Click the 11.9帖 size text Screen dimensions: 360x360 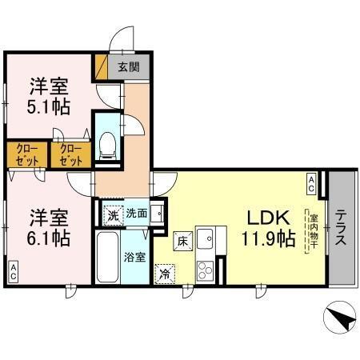tap(268, 238)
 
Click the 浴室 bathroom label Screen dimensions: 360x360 tap(134, 258)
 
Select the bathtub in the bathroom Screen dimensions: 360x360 tap(107, 258)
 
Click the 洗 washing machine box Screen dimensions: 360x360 tap(114, 214)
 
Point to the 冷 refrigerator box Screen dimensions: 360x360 tap(164, 272)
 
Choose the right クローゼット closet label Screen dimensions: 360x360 tap(71, 154)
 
